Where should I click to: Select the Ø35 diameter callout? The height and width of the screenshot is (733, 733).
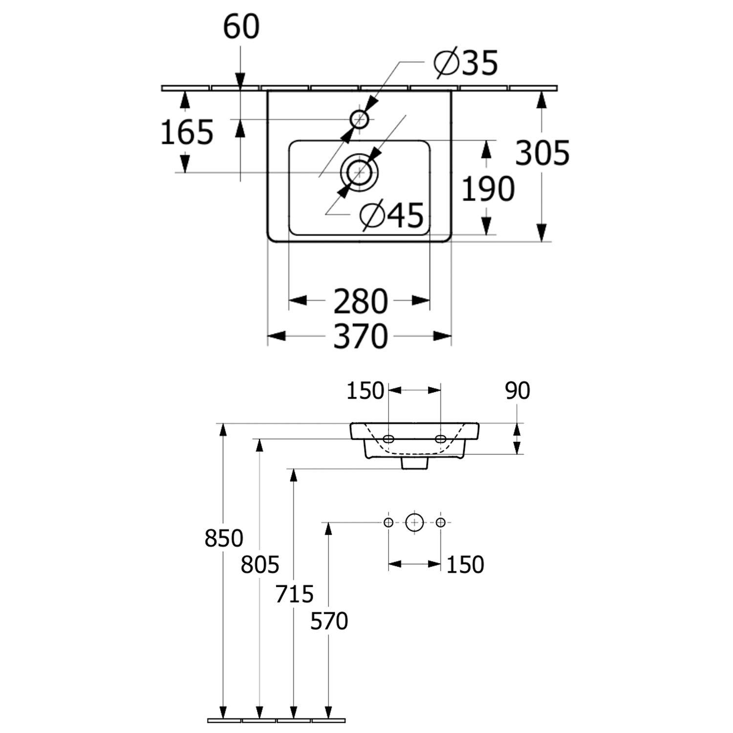click(466, 63)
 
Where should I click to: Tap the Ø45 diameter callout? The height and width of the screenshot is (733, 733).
click(392, 215)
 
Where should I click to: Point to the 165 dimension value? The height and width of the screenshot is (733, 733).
click(187, 132)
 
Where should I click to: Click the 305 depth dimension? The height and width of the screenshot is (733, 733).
click(542, 152)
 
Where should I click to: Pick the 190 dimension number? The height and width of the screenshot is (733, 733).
click(488, 189)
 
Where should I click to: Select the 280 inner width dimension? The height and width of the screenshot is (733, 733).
click(360, 302)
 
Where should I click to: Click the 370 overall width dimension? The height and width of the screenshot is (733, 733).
click(360, 336)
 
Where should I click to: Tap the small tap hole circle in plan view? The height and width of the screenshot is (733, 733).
click(359, 119)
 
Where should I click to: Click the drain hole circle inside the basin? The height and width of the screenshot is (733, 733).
click(359, 172)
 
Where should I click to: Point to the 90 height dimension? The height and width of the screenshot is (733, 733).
click(517, 390)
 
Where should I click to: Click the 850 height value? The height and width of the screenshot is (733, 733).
click(223, 538)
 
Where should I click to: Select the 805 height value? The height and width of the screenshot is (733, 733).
click(259, 565)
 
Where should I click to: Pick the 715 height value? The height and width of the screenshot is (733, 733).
click(294, 594)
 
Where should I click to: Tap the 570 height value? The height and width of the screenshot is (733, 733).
click(329, 621)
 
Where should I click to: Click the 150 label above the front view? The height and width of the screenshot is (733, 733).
click(365, 391)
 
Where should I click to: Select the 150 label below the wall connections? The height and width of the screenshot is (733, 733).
click(465, 564)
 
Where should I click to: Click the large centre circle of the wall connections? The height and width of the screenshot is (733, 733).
click(414, 522)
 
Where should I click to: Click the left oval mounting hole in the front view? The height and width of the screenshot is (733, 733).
click(388, 438)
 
